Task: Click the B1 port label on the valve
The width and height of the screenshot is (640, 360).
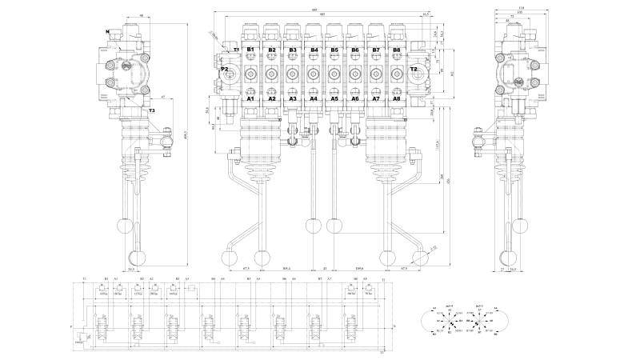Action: click(x=250, y=50)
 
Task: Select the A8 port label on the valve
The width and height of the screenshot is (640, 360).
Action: click(x=397, y=99)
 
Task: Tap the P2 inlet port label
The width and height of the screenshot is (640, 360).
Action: click(x=225, y=70)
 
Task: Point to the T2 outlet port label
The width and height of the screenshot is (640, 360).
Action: click(x=414, y=70)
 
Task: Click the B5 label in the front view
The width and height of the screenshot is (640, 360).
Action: click(x=334, y=50)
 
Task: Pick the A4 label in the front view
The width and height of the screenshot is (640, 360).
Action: click(x=314, y=99)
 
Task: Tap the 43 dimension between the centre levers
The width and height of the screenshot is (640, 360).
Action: click(x=325, y=269)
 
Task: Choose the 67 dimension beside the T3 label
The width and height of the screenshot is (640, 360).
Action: click(x=162, y=96)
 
